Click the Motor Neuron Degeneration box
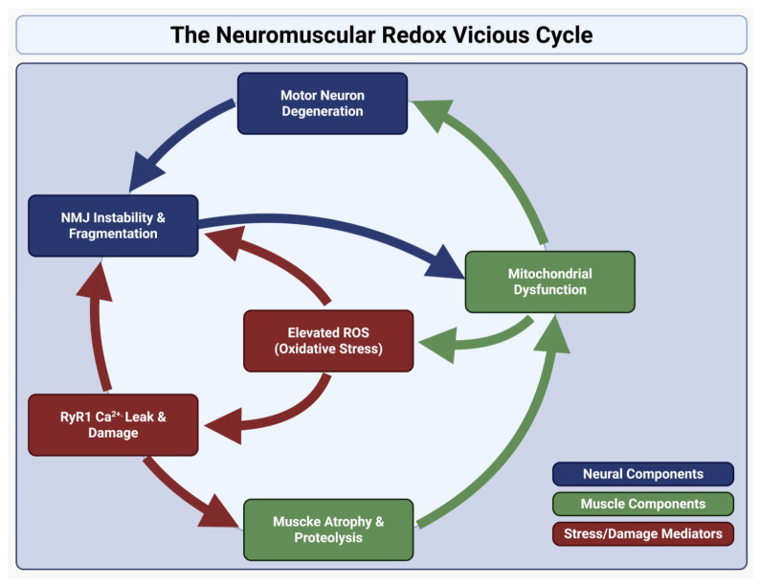[323, 103]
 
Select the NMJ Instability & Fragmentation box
[113, 226]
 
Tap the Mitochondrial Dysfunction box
[550, 282]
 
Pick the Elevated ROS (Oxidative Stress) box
[328, 341]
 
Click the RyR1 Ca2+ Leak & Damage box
[113, 425]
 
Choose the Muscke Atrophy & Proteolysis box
[328, 530]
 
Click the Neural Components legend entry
[643, 474]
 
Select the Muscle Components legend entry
[643, 504]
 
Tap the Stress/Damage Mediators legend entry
[643, 534]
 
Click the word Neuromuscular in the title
[296, 34]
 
